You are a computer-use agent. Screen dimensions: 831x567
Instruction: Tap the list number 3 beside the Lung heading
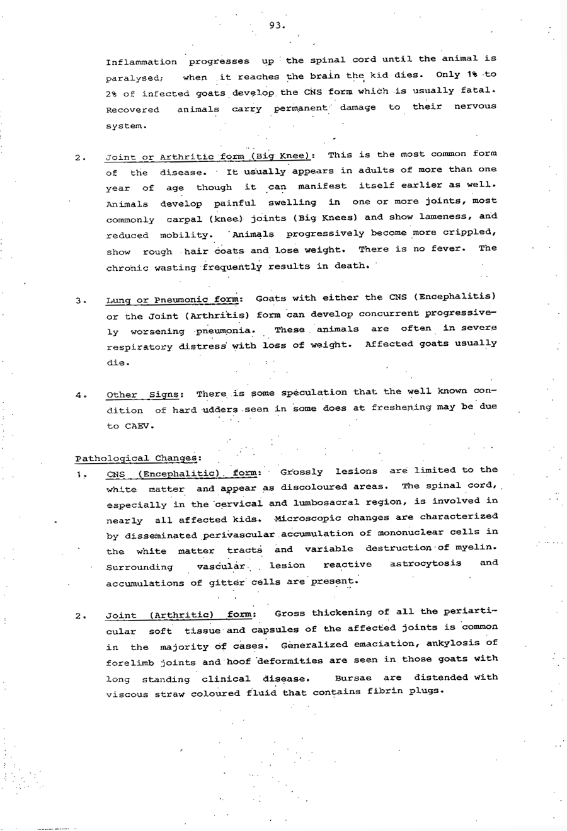[x=79, y=301]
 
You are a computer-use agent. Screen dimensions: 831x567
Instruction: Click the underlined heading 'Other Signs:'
[x=145, y=395]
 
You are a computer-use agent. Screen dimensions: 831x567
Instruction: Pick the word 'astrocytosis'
[x=425, y=563]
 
